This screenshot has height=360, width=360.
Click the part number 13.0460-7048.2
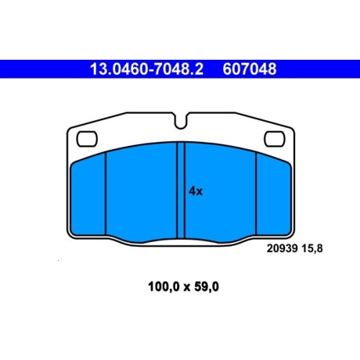147,69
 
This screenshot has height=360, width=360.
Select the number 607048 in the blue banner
250,69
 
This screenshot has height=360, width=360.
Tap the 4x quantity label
196,192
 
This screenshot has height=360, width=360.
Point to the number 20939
282,248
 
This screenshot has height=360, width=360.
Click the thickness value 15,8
312,248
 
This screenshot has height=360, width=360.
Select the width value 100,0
164,287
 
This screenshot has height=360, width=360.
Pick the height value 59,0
207,287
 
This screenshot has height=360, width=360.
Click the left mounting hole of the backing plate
87,139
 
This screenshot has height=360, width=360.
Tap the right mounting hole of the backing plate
275,139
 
